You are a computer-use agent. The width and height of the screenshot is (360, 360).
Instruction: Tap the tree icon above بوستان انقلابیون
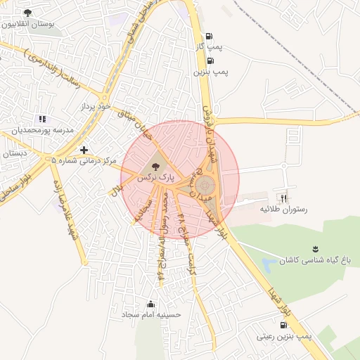(x=27, y=13)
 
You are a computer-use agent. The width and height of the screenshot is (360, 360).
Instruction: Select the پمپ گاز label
(x=210, y=46)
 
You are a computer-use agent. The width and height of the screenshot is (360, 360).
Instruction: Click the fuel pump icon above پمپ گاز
(x=209, y=37)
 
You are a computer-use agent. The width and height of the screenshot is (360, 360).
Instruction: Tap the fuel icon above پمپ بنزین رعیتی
(x=283, y=326)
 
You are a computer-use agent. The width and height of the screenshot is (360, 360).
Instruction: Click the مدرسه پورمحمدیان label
(x=41, y=130)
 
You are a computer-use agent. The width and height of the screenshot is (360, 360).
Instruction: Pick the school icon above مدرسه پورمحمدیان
(x=42, y=120)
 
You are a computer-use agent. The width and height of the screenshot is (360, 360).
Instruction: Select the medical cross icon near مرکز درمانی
(x=84, y=150)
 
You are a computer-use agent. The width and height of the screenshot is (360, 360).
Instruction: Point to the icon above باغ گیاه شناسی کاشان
(x=316, y=248)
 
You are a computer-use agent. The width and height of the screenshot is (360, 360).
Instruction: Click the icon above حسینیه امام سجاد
(x=150, y=304)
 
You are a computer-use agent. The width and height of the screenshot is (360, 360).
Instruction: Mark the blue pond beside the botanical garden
(x=269, y=266)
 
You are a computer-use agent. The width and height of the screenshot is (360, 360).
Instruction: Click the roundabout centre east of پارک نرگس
(x=205, y=185)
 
